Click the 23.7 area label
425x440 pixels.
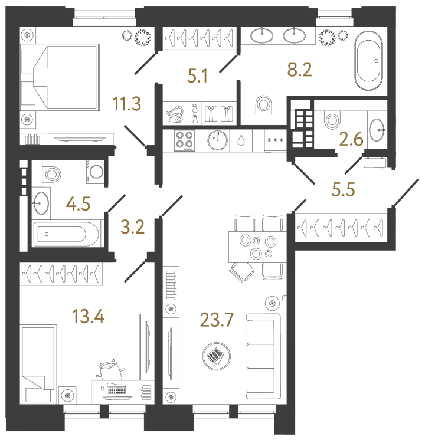tap(217, 320)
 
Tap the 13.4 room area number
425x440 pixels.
tap(89, 316)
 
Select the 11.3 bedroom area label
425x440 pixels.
tap(127, 104)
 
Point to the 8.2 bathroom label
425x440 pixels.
tap(299, 70)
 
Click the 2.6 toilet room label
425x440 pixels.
tap(351, 139)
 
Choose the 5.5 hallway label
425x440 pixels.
tap(344, 189)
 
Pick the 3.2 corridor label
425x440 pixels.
tap(133, 227)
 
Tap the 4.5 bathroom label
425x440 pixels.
tap(78, 203)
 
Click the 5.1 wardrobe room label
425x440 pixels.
tap(197, 76)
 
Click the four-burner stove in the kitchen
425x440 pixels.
tap(184, 140)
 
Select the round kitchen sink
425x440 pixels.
tap(218, 140)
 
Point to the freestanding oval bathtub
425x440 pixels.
tap(368, 61)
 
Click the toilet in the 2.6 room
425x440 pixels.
tap(332, 120)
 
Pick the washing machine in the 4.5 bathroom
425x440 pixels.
tap(95, 172)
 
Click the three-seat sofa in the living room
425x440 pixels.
tap(263, 356)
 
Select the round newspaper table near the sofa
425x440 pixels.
tap(217, 356)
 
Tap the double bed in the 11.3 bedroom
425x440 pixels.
tap(60, 77)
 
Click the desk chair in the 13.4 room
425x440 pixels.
tap(110, 370)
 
